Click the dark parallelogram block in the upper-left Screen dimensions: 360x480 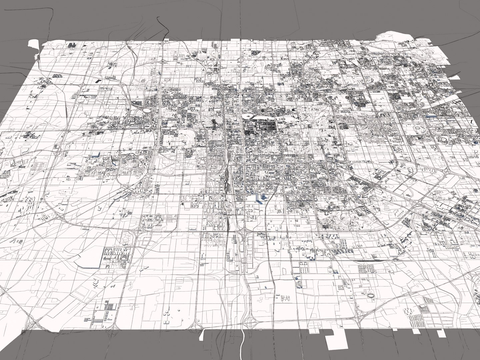(98, 81)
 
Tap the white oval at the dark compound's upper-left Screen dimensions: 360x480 (248, 116)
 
